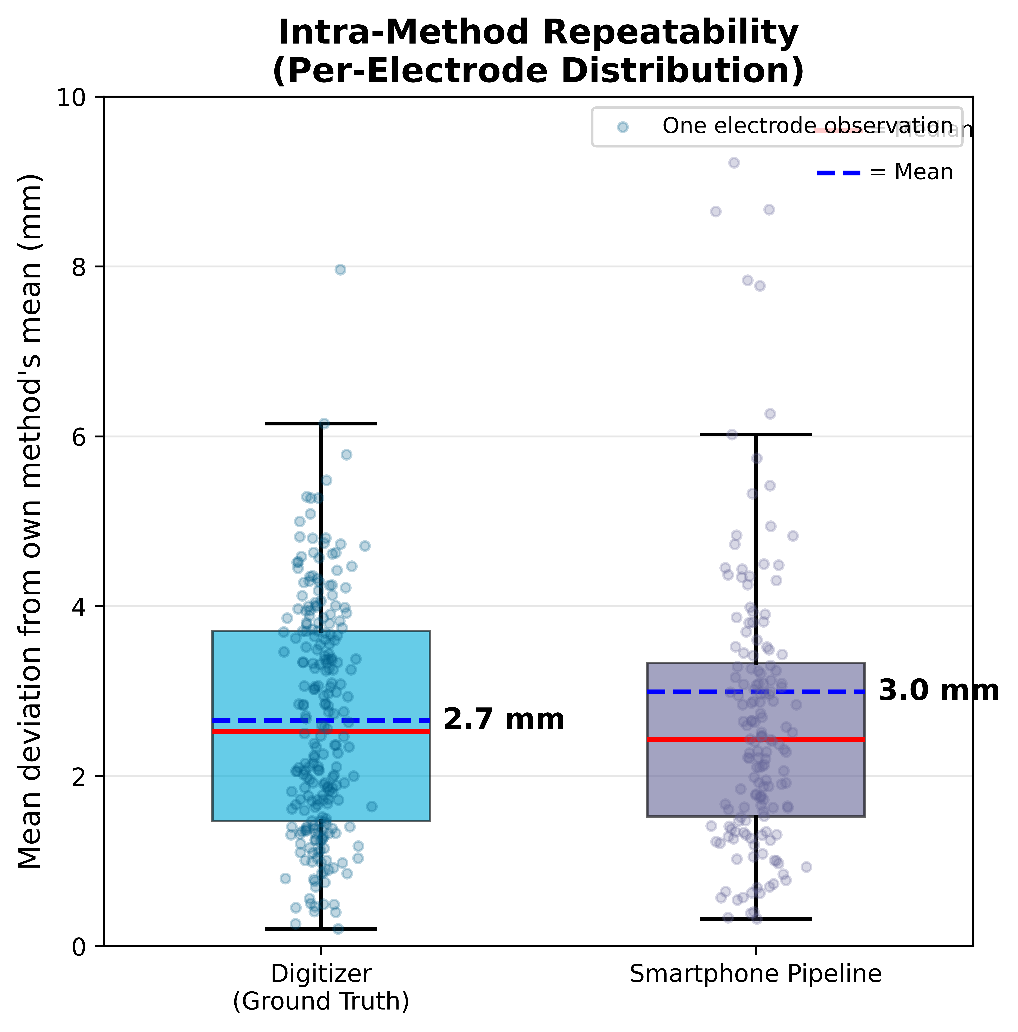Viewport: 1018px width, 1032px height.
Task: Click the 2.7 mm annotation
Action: (503, 719)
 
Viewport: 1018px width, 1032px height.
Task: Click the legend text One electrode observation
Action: (807, 126)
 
